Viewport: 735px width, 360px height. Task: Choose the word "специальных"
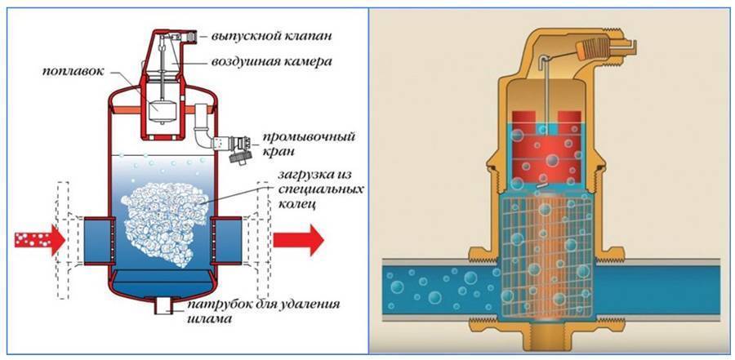318,190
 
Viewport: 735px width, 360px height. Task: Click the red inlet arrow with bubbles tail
39,239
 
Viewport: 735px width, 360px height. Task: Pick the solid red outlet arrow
299,239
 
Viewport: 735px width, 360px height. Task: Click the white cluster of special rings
165,223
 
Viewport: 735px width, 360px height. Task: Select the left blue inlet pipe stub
98,239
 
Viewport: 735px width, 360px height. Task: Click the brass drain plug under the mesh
546,338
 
